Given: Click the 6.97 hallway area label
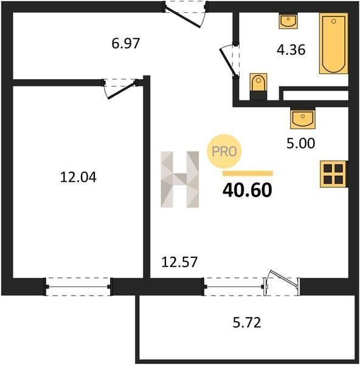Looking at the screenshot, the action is pyautogui.click(x=126, y=43).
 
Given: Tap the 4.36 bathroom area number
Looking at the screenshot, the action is pyautogui.click(x=291, y=50).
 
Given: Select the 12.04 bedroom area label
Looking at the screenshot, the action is pyautogui.click(x=78, y=177).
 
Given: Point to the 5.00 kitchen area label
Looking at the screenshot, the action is pyautogui.click(x=300, y=143).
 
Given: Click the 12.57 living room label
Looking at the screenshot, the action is pyautogui.click(x=179, y=262).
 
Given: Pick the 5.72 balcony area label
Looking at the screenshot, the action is pyautogui.click(x=247, y=322).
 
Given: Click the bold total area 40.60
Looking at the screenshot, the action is pyautogui.click(x=247, y=190).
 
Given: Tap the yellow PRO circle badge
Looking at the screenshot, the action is pyautogui.click(x=224, y=151).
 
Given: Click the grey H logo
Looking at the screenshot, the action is pyautogui.click(x=179, y=179).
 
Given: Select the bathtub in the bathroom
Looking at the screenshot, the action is pyautogui.click(x=333, y=43).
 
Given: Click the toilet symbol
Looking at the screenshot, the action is pyautogui.click(x=258, y=86).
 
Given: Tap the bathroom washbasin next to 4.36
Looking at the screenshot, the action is pyautogui.click(x=288, y=21).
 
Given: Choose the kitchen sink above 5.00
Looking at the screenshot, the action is pyautogui.click(x=302, y=118).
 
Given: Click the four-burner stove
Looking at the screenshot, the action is pyautogui.click(x=334, y=174).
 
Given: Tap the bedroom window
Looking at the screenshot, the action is pyautogui.click(x=78, y=287).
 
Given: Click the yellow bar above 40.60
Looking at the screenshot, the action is pyautogui.click(x=247, y=173).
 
